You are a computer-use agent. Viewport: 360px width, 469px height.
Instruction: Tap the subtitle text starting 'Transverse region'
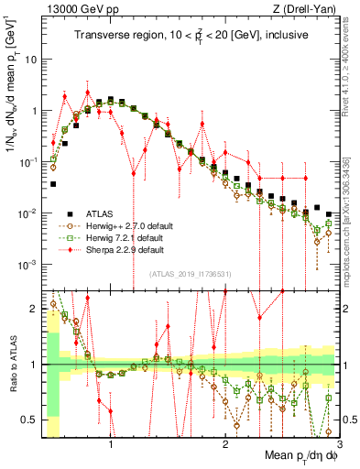pos(190,36)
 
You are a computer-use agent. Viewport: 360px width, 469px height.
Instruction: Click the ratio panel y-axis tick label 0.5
pos(30,420)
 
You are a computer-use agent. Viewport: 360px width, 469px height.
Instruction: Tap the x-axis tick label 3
pos(338,443)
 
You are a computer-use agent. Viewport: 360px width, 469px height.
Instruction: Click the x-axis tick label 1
pos(111,443)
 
